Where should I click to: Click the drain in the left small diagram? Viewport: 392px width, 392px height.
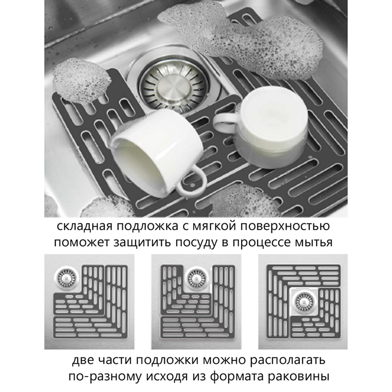[67, 278]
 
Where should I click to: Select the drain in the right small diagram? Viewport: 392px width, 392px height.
[304, 302]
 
